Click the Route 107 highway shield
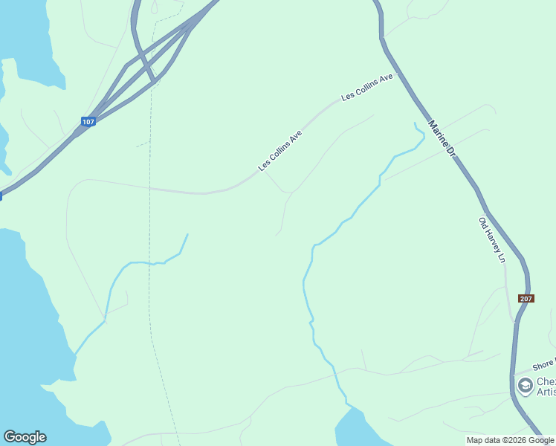click(88, 121)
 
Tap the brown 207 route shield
click(526, 299)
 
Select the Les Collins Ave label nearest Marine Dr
click(366, 87)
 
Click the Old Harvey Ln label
click(491, 239)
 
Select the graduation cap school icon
click(525, 385)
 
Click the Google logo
click(25, 437)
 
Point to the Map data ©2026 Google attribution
click(510, 440)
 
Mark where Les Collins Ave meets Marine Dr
click(399, 73)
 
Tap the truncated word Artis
click(546, 392)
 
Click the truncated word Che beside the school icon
click(546, 380)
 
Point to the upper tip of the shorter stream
click(187, 235)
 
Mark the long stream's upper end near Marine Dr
click(414, 123)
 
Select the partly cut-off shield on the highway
click(1, 196)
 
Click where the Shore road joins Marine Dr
click(513, 374)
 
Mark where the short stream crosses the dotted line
click(150, 263)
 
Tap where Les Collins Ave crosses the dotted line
click(150, 188)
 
